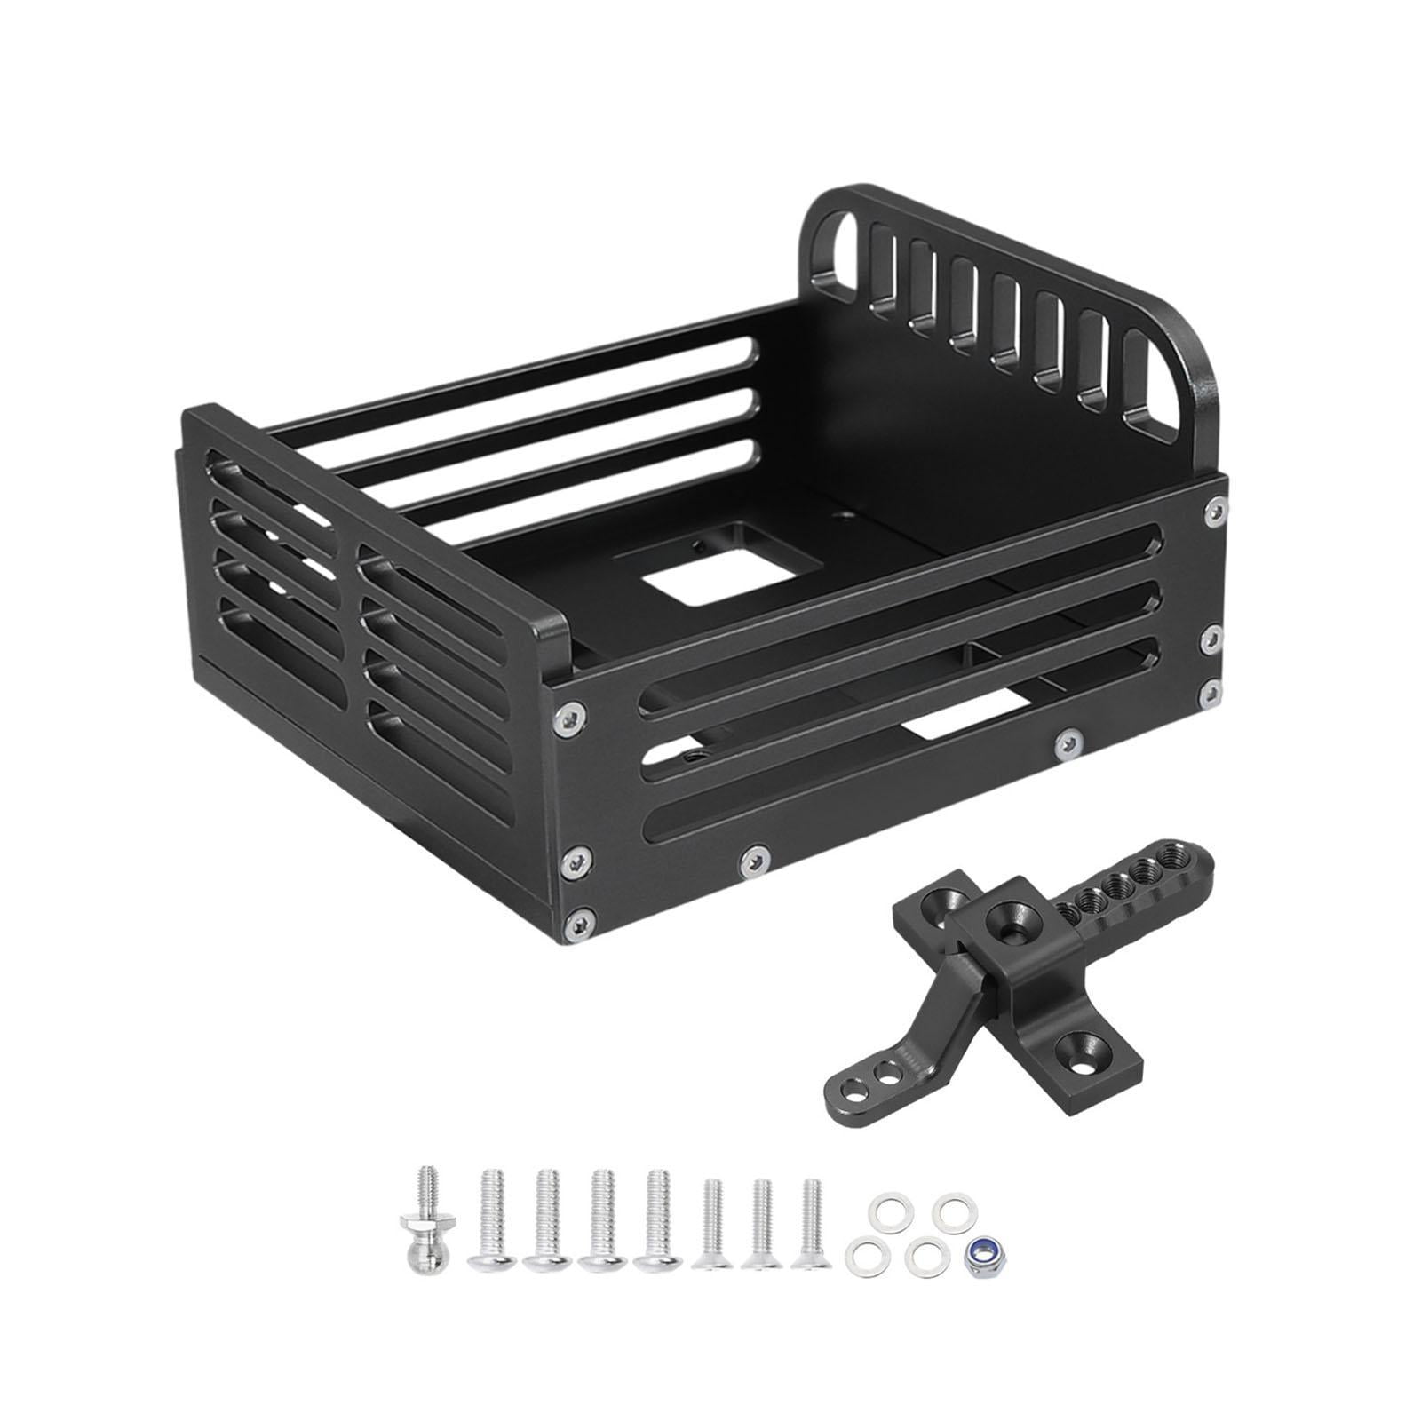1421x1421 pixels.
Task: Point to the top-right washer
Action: coord(953,1209)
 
